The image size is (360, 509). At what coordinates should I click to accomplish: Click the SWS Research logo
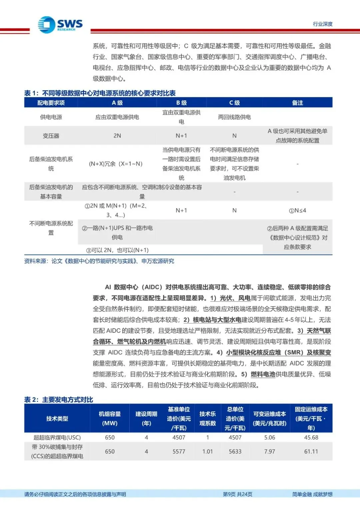(x=60, y=25)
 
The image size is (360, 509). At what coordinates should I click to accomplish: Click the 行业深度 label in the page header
(x=322, y=24)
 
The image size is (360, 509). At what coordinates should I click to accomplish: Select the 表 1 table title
(x=100, y=93)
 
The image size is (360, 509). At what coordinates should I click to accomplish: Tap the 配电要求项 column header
(x=51, y=103)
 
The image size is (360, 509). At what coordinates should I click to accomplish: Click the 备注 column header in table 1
(x=297, y=103)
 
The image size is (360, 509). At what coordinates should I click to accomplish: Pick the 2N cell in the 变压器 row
(x=117, y=136)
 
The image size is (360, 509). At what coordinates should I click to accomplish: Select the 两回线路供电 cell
(x=234, y=117)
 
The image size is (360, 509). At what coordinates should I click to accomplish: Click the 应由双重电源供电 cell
(x=117, y=117)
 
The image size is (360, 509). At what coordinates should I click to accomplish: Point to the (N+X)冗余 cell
(x=116, y=164)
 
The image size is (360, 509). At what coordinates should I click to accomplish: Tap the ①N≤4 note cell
(x=297, y=210)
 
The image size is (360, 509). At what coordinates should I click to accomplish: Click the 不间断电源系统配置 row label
(x=51, y=228)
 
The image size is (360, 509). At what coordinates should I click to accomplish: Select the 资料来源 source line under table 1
(x=99, y=261)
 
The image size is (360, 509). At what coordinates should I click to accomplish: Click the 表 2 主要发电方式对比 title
(x=59, y=399)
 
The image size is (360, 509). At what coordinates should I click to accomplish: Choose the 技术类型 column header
(x=57, y=418)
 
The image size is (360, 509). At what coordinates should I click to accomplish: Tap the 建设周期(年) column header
(x=146, y=418)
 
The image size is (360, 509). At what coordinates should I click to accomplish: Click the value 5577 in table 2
(x=179, y=451)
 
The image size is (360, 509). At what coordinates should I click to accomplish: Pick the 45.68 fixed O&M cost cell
(x=311, y=437)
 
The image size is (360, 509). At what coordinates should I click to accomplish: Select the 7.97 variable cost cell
(x=269, y=451)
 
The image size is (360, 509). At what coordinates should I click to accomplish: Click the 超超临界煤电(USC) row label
(x=57, y=437)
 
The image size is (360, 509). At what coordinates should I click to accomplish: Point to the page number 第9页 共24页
(x=237, y=494)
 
